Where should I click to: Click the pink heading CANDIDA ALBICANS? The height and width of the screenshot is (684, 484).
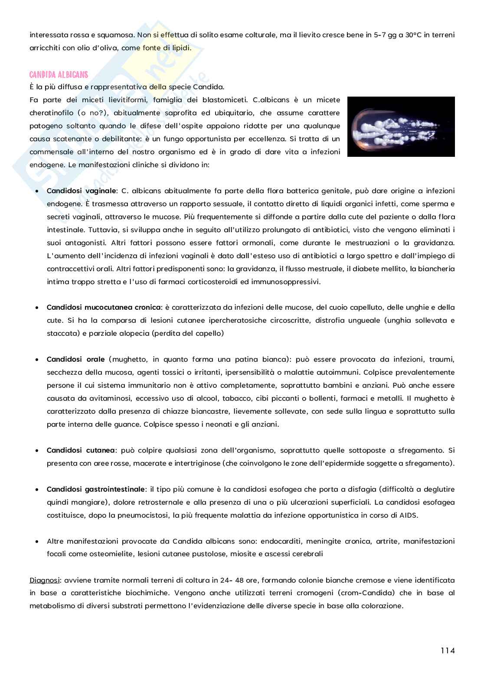59,75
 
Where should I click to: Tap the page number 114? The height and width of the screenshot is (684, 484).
448,650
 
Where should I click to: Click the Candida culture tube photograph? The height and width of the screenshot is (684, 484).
401,126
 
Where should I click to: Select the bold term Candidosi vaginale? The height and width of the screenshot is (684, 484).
81,191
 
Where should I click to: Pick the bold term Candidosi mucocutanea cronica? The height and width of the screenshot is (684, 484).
104,308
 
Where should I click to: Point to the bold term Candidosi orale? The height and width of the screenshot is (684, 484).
75,360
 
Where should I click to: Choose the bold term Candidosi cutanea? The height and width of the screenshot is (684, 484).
81,451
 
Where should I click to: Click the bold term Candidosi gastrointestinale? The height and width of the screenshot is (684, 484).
96,489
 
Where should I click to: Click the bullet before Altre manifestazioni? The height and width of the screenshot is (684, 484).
37,541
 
